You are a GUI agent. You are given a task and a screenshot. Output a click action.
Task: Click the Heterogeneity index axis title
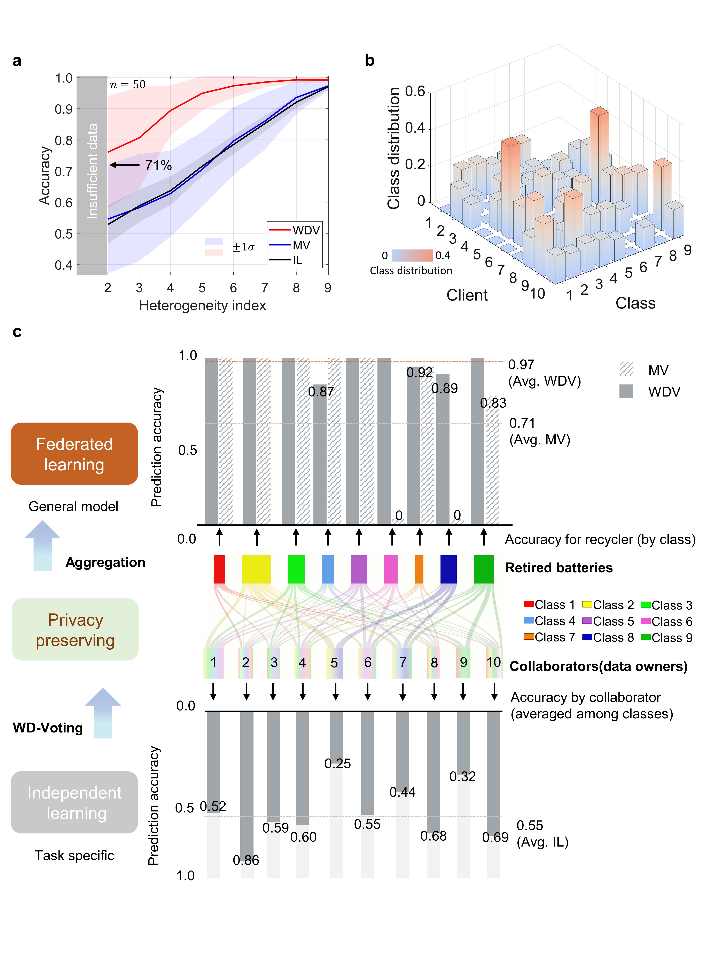[x=202, y=305]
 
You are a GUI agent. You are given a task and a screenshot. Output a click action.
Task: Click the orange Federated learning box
[x=74, y=454]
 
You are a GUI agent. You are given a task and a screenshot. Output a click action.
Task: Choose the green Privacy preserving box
[x=75, y=630]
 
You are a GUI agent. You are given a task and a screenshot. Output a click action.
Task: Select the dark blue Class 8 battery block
[x=448, y=569]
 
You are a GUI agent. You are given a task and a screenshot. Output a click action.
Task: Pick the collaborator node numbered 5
[x=334, y=663]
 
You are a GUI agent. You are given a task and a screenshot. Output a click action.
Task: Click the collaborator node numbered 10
[x=494, y=663]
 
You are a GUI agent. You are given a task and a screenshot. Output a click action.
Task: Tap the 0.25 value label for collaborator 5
[x=337, y=763]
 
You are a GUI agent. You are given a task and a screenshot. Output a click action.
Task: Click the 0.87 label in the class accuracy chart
[x=321, y=391]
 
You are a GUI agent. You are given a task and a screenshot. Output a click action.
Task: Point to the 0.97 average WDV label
[x=521, y=365]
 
